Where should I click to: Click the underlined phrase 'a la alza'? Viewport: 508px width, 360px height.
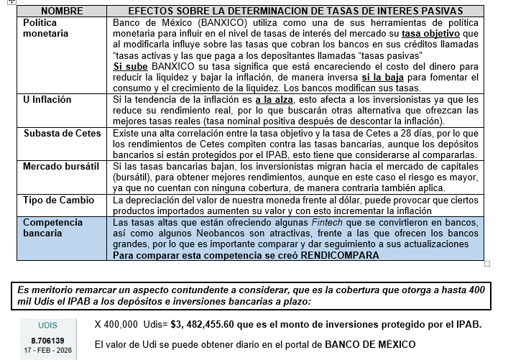pyautogui.click(x=273, y=99)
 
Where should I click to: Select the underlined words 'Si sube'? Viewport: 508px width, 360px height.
pyautogui.click(x=130, y=66)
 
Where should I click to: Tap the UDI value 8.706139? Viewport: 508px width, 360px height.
pyautogui.click(x=47, y=339)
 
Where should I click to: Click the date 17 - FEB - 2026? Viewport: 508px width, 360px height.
pyautogui.click(x=47, y=349)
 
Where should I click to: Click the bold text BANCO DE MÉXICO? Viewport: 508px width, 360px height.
pyautogui.click(x=370, y=344)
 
